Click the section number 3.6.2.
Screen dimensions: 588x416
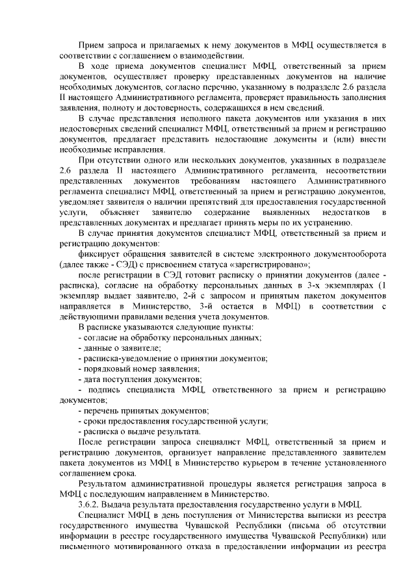90,504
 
